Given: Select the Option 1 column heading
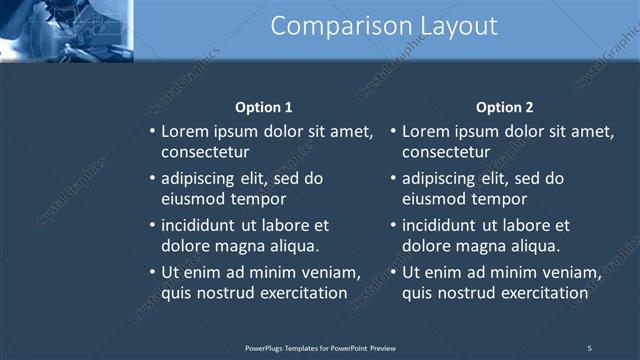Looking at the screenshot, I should tap(264, 107).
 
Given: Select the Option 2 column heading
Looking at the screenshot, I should tap(505, 107).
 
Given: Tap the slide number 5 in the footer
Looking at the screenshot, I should tap(589, 347).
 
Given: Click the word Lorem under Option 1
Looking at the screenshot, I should tap(186, 131).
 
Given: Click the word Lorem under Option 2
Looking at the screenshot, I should tap(427, 131).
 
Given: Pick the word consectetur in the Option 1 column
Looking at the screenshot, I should tap(205, 152).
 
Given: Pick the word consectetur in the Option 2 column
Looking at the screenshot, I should tap(446, 152).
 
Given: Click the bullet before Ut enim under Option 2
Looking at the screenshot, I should tap(393, 273).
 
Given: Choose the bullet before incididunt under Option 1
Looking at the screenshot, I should tap(152, 226).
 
